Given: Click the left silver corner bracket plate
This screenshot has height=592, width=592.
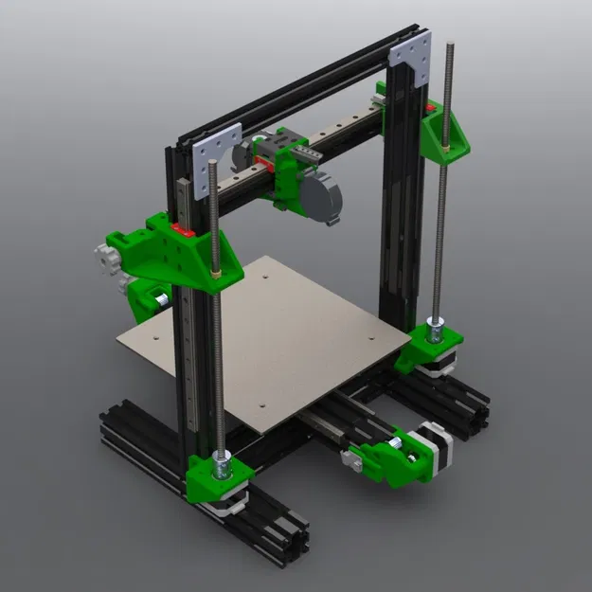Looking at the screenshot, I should (x=219, y=161).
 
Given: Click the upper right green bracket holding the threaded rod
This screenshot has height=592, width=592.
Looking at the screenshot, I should (x=445, y=133).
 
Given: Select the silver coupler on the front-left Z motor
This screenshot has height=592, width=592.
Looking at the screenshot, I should (x=221, y=463).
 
